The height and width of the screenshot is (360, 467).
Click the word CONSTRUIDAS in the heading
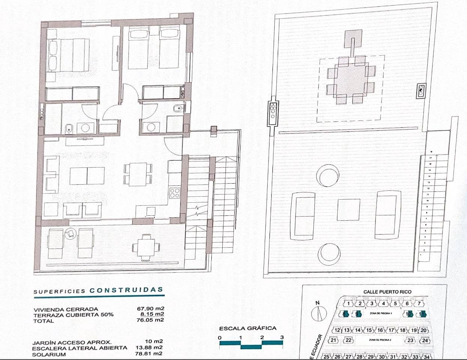pos(126,290)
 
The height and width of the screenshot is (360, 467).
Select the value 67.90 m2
pos(151,309)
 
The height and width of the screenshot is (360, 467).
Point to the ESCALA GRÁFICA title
pos(248,328)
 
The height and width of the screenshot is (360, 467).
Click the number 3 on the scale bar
pos(282,337)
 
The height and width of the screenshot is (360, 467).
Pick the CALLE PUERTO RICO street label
pos(387,292)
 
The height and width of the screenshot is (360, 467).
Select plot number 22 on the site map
pos(349,340)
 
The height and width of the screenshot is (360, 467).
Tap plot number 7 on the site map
pos(419,304)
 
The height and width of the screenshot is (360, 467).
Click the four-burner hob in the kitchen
pos(175,193)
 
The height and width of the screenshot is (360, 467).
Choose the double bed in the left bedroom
pos(69,55)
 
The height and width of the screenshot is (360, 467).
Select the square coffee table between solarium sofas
pos(348,210)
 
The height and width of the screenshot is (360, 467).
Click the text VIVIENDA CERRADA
pos(66,309)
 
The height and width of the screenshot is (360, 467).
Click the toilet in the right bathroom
pos(178,109)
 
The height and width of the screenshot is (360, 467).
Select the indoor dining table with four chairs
pos(138,174)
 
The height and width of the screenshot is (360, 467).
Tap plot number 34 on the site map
pos(426,357)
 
